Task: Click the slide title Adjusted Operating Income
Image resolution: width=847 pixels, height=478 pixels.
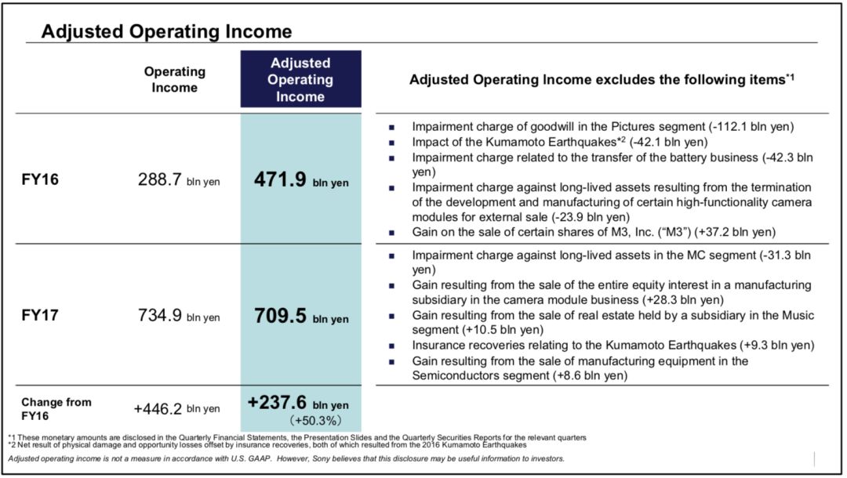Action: point(166,31)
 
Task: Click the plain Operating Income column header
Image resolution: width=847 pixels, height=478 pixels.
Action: point(174,79)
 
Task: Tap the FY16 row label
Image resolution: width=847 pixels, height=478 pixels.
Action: point(40,179)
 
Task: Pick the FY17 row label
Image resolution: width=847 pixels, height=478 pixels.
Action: point(40,315)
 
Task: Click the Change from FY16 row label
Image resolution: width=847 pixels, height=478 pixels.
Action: point(56,408)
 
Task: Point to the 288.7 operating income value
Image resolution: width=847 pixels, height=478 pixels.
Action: point(160,179)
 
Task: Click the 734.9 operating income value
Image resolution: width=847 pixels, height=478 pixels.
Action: point(160,316)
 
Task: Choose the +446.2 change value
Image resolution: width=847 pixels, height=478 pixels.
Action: point(157,408)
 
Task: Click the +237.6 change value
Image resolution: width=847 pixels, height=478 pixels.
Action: point(279,402)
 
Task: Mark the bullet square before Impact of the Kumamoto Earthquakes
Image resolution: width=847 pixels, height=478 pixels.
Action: point(391,143)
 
